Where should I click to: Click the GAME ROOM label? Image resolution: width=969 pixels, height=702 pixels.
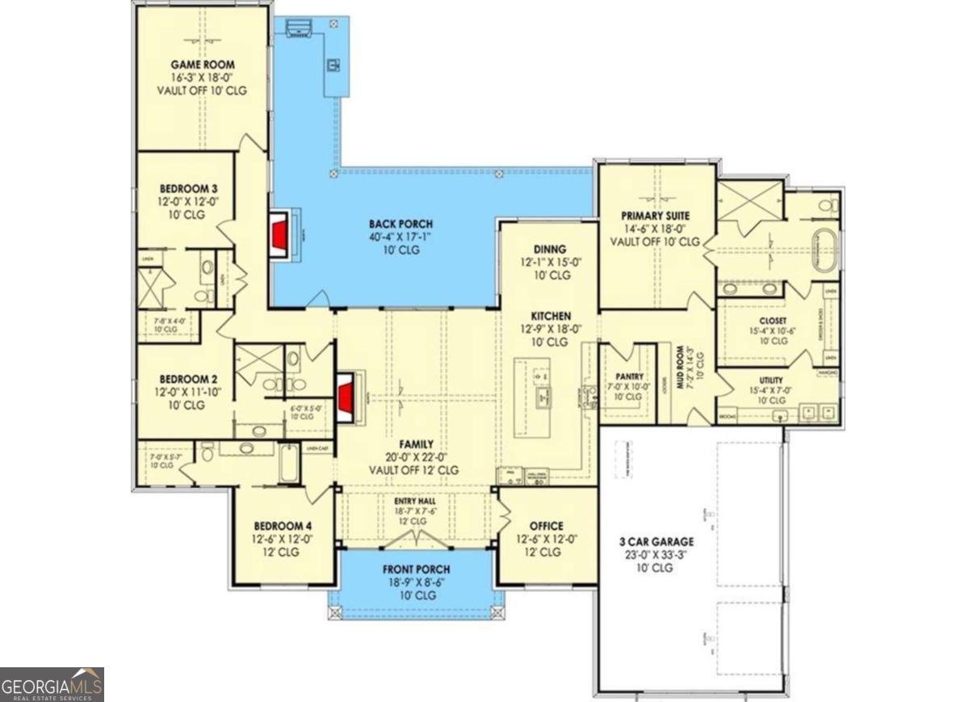click(202, 64)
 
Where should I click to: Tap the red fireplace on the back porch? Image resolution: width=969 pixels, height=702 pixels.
click(280, 236)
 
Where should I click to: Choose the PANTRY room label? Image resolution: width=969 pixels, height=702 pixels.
click(627, 376)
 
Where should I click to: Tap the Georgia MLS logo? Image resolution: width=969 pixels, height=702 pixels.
click(52, 684)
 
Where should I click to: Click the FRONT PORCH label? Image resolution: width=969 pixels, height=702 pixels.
click(416, 570)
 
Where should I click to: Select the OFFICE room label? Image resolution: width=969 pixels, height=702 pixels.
click(546, 526)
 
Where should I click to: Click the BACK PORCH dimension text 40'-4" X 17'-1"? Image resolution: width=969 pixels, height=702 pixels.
click(401, 238)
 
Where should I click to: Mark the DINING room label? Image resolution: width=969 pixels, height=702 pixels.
click(549, 250)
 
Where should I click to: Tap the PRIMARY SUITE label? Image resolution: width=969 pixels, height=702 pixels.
click(655, 216)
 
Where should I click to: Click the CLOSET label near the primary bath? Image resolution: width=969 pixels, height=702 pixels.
click(773, 321)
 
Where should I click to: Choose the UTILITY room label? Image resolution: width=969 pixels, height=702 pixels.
click(771, 380)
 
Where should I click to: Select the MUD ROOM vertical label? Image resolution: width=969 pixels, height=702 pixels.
click(681, 370)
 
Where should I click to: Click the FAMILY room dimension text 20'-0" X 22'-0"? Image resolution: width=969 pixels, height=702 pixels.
click(414, 457)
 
